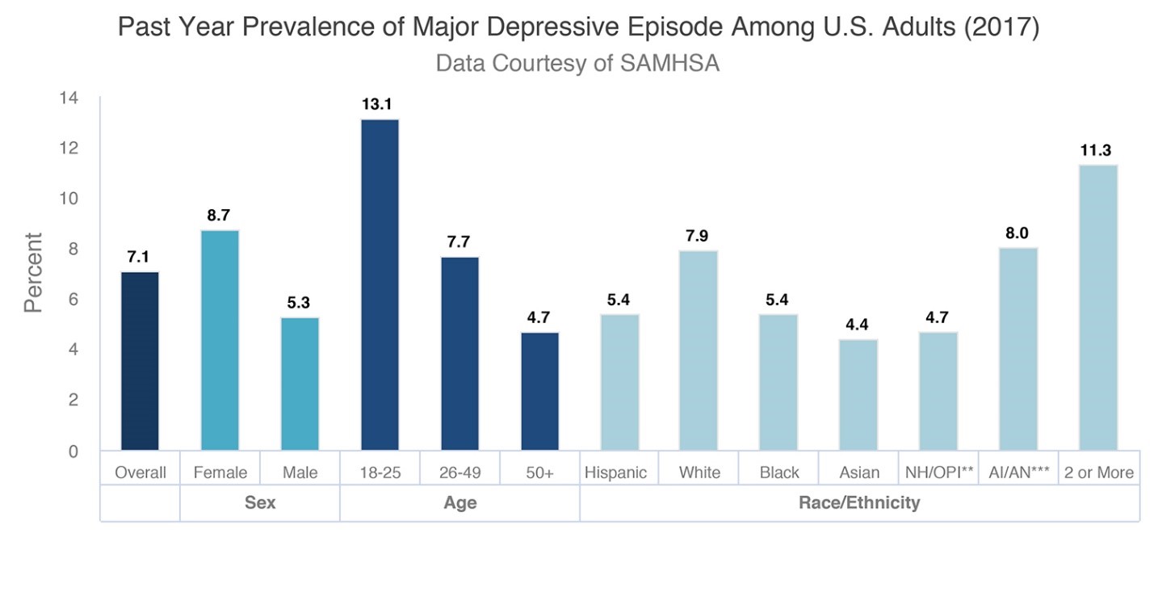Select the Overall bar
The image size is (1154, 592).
140,361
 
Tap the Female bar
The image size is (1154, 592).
220,340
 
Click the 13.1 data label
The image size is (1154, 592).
380,105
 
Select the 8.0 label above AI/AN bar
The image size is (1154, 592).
1017,233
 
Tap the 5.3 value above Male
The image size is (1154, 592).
299,303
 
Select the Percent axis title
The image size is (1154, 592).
33,273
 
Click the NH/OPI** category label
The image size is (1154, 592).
938,472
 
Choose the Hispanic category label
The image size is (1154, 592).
615,472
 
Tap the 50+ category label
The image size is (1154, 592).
539,472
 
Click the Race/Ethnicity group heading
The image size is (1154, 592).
859,502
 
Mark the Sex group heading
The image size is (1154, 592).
260,502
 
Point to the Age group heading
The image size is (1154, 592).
460,502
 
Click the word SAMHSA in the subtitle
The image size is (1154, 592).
669,63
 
